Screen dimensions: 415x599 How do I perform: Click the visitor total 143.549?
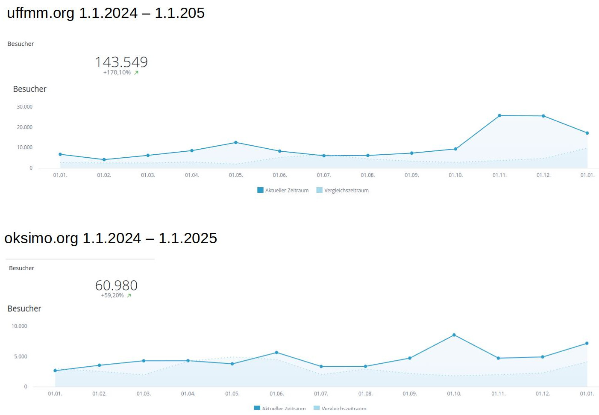pyautogui.click(x=121, y=62)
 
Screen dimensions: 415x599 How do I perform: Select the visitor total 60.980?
pyautogui.click(x=116, y=285)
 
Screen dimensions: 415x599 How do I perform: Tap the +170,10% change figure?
pyautogui.click(x=117, y=73)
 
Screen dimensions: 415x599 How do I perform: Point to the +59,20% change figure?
pyautogui.click(x=112, y=295)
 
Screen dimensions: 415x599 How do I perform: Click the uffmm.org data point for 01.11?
pyautogui.click(x=499, y=116)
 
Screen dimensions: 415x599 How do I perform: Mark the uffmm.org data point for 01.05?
pyautogui.click(x=236, y=143)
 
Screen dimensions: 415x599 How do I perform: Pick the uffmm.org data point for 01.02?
pyautogui.click(x=104, y=160)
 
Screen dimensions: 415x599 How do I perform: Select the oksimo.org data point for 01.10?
pyautogui.click(x=454, y=335)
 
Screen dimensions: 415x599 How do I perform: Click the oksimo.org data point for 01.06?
pyautogui.click(x=277, y=353)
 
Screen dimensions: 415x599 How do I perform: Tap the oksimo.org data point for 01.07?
pyautogui.click(x=321, y=367)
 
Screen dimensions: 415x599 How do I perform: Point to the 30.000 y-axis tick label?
pyautogui.click(x=25, y=107)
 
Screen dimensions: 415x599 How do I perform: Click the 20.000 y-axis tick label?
pyautogui.click(x=25, y=127)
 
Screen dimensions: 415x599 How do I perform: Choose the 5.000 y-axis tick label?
pyautogui.click(x=21, y=356)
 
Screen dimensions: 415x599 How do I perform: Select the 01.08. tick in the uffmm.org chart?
pyautogui.click(x=367, y=175)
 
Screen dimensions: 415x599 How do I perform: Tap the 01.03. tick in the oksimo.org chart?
pyautogui.click(x=144, y=394)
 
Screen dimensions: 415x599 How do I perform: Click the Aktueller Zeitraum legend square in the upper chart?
pyautogui.click(x=260, y=190)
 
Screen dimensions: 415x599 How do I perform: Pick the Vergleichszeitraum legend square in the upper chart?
pyautogui.click(x=319, y=190)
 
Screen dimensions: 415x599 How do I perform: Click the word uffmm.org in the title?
pyautogui.click(x=41, y=13)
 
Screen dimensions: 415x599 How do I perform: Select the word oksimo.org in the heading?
pyautogui.click(x=41, y=238)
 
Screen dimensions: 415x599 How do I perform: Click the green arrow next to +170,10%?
pyautogui.click(x=136, y=73)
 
